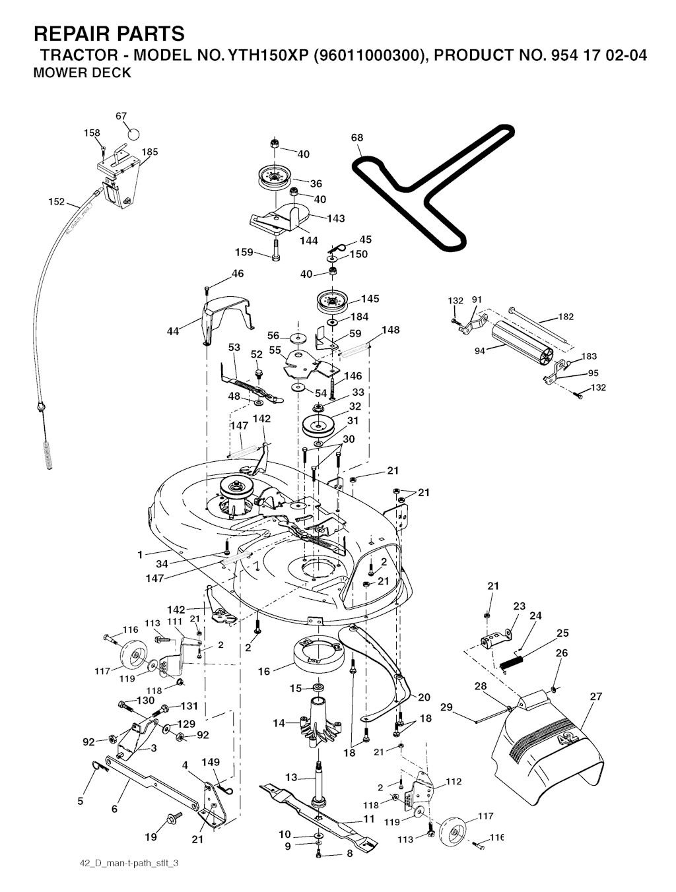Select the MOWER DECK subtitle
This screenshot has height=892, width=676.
[x=82, y=73]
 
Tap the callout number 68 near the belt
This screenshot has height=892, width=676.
[x=357, y=138]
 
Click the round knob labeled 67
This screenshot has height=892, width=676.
[x=133, y=133]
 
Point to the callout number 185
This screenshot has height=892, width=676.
[x=150, y=152]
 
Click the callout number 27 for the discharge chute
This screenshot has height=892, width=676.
[x=596, y=696]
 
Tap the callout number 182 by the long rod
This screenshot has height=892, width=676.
[x=566, y=317]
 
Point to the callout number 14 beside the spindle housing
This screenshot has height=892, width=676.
[x=279, y=723]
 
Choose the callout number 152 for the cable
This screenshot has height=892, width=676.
[x=57, y=202]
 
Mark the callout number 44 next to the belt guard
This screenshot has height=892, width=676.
[x=173, y=331]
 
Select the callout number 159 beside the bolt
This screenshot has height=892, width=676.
[x=244, y=252]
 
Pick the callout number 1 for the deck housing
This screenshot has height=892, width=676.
[x=140, y=555]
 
